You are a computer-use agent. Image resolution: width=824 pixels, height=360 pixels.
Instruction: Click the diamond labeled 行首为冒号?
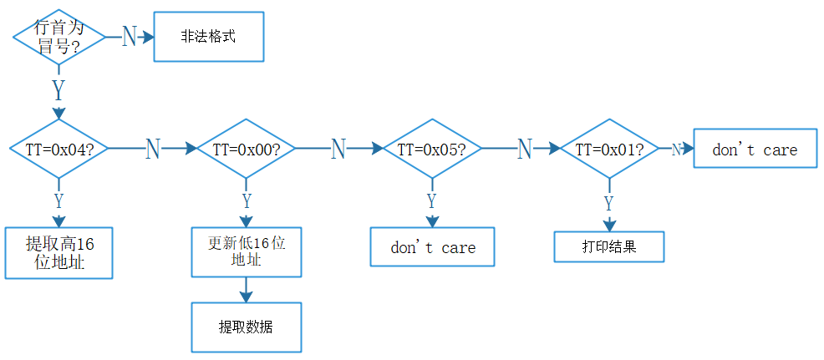(58, 38)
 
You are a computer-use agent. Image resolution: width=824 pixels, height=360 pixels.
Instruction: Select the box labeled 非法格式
(209, 37)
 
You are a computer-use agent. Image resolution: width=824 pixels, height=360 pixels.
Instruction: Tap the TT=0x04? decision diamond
(58, 149)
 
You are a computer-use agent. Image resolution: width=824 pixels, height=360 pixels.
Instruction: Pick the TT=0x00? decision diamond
(246, 149)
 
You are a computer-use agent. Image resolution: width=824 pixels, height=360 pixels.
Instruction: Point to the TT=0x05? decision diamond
(431, 149)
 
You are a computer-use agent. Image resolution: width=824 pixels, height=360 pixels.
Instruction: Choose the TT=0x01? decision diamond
(609, 149)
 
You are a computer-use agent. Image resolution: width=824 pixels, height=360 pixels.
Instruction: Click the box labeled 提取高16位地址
(58, 253)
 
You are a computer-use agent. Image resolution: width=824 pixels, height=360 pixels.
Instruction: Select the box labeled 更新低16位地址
(246, 252)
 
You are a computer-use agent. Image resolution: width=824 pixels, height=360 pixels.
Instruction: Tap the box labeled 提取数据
(246, 327)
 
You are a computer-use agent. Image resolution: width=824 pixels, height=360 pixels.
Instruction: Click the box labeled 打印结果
(609, 247)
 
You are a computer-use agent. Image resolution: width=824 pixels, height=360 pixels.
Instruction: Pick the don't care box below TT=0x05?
(432, 248)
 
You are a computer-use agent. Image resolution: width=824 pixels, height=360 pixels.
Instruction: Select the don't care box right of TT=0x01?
(755, 149)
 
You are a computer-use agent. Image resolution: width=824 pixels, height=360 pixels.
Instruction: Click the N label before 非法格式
(129, 37)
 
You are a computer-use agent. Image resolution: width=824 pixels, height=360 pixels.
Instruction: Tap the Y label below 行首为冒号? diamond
(58, 88)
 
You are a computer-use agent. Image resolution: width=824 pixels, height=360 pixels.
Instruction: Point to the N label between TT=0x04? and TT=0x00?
(152, 149)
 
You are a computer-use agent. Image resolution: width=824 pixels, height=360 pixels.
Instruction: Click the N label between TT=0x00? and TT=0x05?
(338, 149)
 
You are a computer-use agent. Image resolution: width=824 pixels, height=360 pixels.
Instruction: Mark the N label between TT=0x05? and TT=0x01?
(524, 149)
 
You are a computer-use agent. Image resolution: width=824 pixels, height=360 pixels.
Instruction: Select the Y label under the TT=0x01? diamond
(609, 203)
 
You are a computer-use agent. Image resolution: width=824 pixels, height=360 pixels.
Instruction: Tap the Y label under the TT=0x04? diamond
(58, 200)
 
